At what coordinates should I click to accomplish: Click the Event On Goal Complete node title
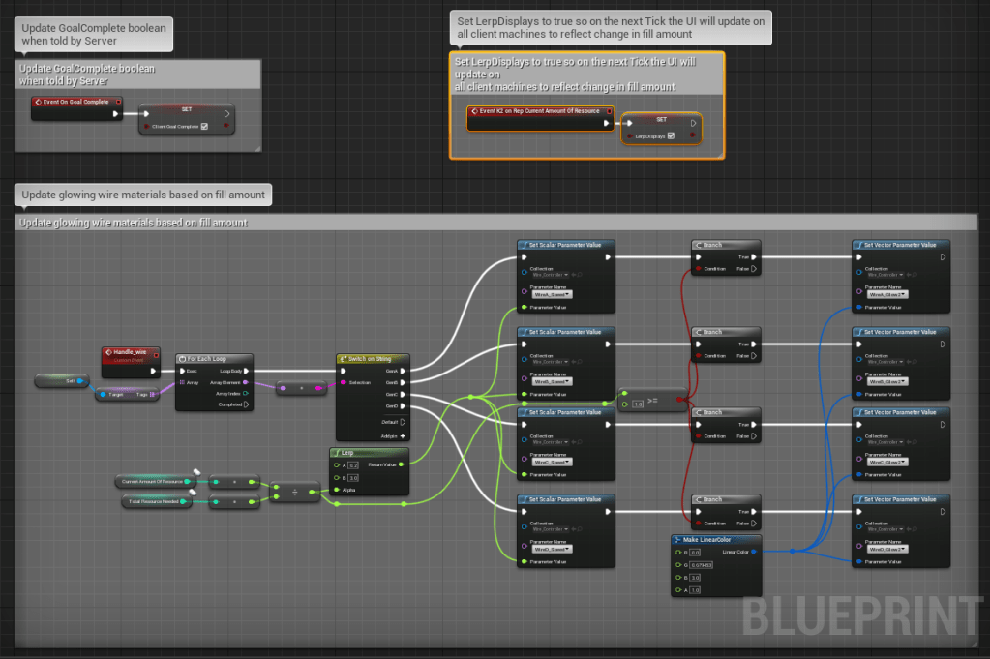point(75,101)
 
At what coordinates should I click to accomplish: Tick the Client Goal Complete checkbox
point(203,126)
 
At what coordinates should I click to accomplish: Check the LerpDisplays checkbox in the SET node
point(671,136)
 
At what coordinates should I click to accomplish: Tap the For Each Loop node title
point(215,358)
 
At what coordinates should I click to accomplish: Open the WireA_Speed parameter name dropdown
point(554,294)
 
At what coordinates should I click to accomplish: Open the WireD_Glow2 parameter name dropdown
point(887,549)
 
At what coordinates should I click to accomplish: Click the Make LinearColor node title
point(716,539)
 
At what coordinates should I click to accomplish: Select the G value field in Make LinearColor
point(701,564)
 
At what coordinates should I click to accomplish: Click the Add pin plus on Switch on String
point(403,435)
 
